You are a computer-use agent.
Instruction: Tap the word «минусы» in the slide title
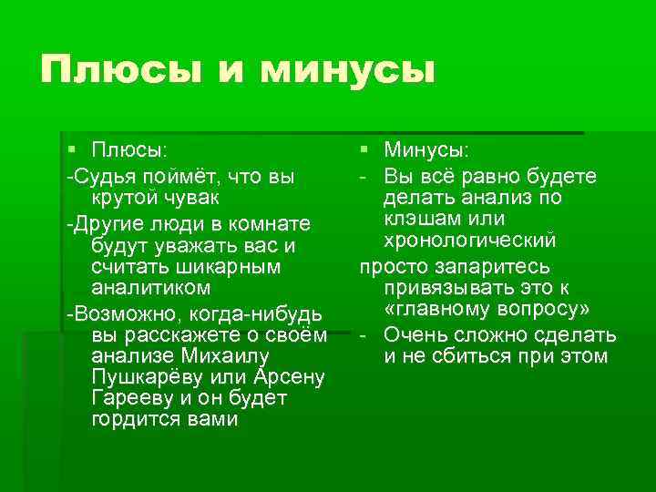[349, 69]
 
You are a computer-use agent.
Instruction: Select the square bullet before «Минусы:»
[364, 148]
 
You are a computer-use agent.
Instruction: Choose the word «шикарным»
[227, 268]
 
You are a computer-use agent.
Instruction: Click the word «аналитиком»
[151, 288]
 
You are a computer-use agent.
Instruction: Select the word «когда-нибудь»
[244, 315]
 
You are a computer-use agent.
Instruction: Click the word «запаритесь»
[496, 267]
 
